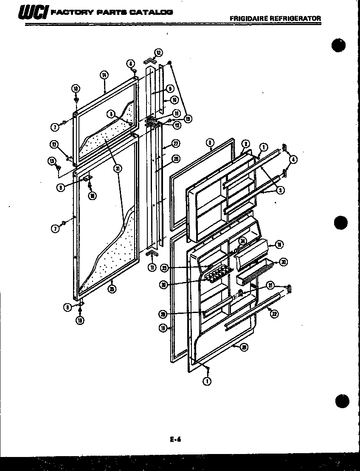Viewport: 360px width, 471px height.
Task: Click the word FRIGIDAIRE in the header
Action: point(247,18)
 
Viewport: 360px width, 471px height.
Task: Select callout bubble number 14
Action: point(104,75)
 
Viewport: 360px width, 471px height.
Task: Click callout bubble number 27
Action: point(174,143)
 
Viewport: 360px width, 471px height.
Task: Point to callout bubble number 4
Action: point(293,160)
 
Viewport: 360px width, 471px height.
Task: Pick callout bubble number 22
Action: point(274,314)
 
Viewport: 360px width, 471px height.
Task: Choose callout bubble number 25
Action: point(112,289)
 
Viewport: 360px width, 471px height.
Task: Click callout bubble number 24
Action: point(242,241)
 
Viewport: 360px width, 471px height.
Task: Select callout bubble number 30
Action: point(283,262)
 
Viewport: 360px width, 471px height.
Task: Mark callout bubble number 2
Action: point(245,144)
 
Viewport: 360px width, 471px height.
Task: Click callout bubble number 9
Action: point(169,89)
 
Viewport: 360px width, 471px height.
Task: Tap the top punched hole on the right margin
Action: point(339,45)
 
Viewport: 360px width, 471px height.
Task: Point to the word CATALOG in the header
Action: point(151,12)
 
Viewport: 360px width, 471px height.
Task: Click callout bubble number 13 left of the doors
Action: point(52,161)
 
